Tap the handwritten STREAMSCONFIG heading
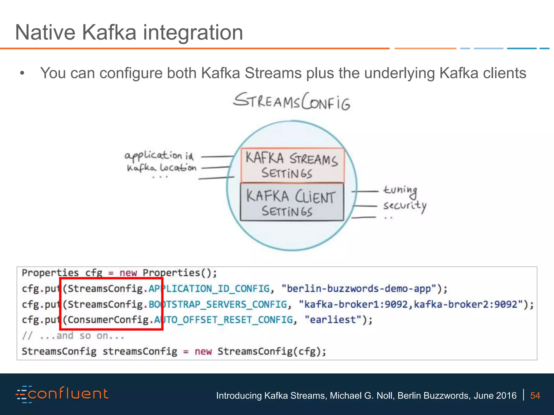coord(292,102)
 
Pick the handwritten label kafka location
coord(161,168)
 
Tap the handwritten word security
coord(405,206)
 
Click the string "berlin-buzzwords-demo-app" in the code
coord(359,289)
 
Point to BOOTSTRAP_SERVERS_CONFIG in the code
coord(218,304)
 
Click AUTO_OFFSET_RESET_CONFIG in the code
coord(223,320)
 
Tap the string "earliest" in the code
coord(333,320)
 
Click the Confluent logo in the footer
coord(62,394)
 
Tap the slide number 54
coord(535,396)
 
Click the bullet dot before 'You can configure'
coord(22,73)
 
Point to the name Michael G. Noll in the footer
coord(362,396)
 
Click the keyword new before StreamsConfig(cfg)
coord(203,352)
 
